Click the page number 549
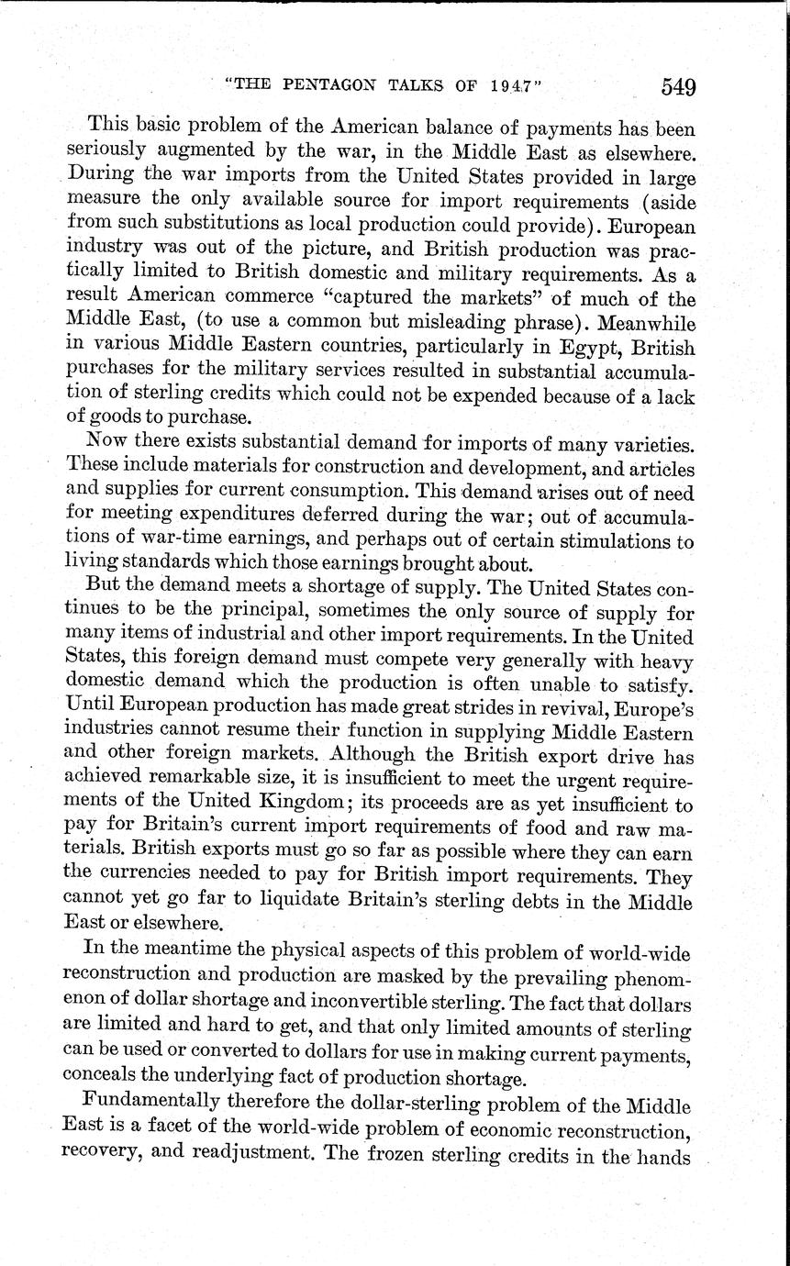[676, 87]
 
